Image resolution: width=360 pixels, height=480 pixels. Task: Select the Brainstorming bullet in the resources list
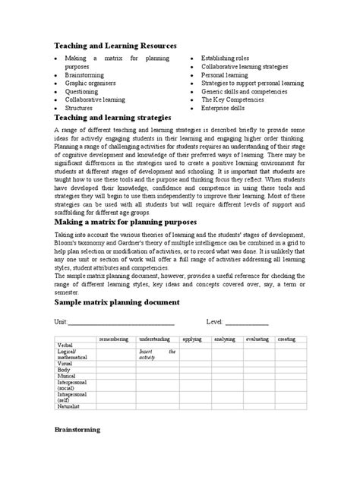(x=84, y=74)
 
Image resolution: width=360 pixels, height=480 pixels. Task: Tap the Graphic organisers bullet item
(x=90, y=83)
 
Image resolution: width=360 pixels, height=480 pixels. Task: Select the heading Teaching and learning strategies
(x=113, y=118)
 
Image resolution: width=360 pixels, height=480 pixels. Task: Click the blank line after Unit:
(x=122, y=324)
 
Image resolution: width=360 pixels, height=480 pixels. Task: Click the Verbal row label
(x=67, y=345)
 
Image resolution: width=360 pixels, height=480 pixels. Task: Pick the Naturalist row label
(x=71, y=406)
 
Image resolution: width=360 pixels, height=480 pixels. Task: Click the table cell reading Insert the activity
(x=157, y=354)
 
